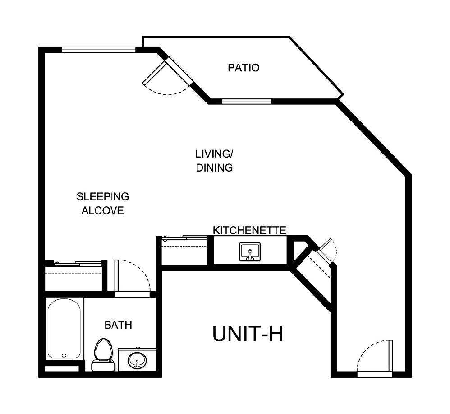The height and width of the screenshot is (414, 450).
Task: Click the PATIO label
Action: (x=243, y=68)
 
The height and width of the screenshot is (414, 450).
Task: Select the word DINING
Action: (x=214, y=168)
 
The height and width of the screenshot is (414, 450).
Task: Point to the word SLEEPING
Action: (x=102, y=197)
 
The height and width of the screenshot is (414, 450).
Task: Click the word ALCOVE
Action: (x=102, y=211)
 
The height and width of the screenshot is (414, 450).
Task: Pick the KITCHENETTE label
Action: (x=249, y=230)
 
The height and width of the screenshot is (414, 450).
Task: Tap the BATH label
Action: (x=118, y=325)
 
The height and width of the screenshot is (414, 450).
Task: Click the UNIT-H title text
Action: (x=247, y=335)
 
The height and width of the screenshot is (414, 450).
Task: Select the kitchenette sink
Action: (x=250, y=251)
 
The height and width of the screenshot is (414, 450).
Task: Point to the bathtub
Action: (x=64, y=328)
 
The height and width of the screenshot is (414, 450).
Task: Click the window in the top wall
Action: (x=98, y=50)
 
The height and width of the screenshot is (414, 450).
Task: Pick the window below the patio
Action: (x=246, y=101)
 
